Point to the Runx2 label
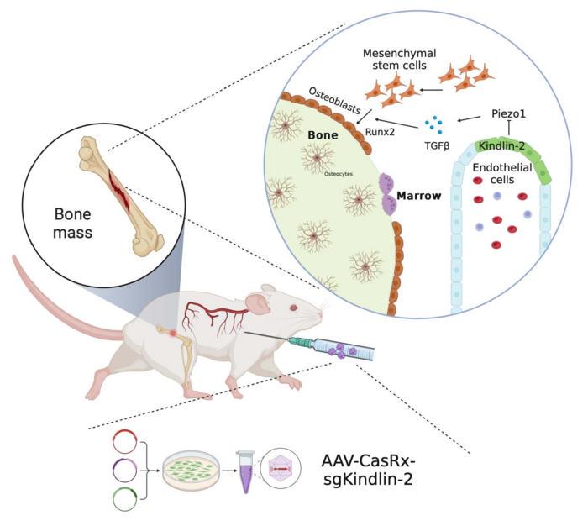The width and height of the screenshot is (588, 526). point(381,131)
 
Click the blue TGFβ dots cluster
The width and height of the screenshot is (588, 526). point(434,125)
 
